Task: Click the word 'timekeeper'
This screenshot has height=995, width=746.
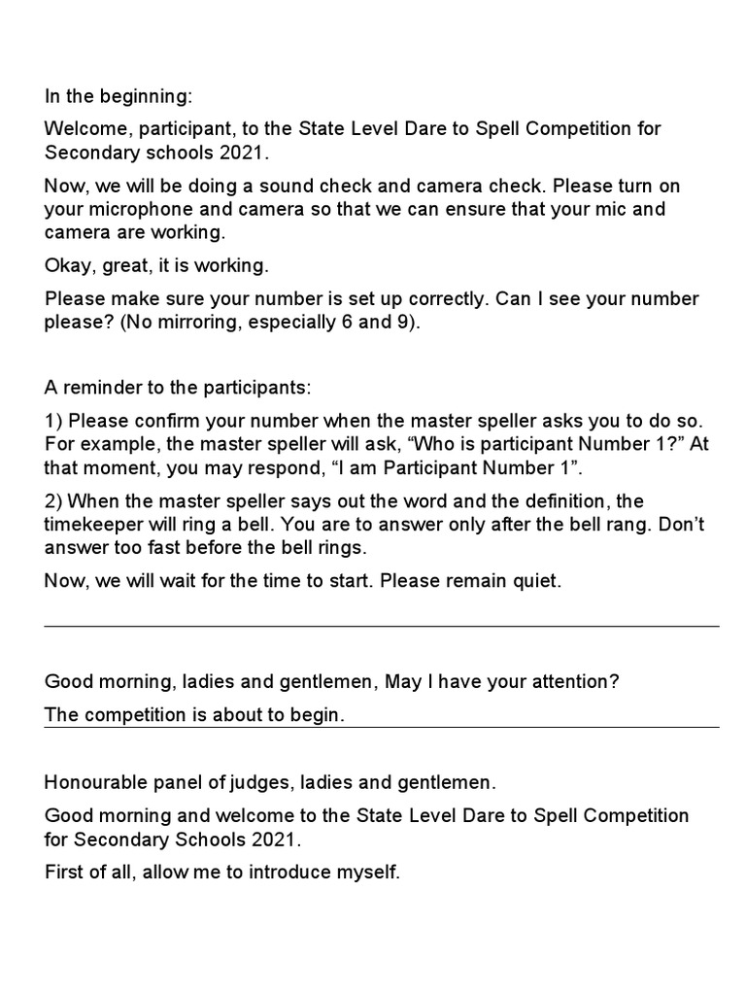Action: coord(93,525)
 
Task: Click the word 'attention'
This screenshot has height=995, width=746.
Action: coord(569,681)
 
